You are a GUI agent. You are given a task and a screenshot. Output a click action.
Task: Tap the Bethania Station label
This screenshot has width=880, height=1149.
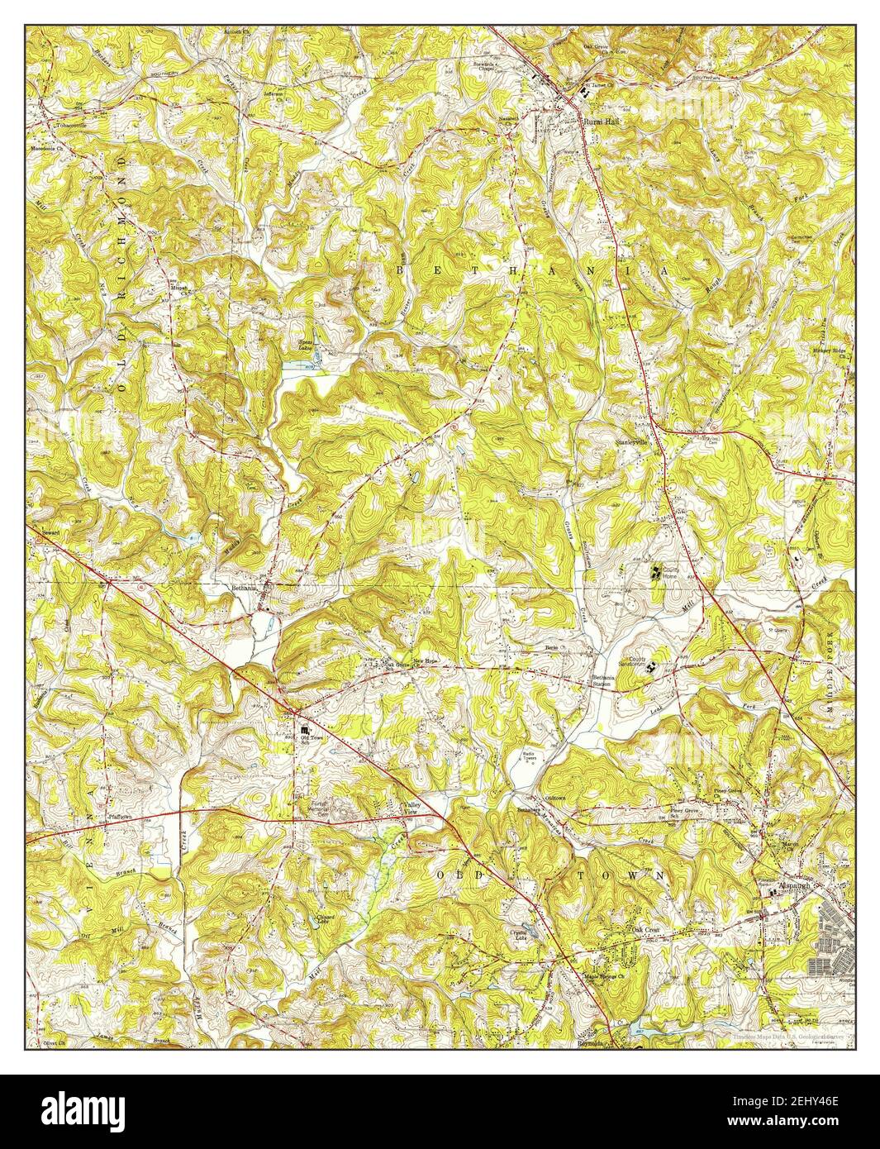point(604,682)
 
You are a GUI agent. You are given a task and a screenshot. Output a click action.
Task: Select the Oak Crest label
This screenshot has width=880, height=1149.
point(646,930)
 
